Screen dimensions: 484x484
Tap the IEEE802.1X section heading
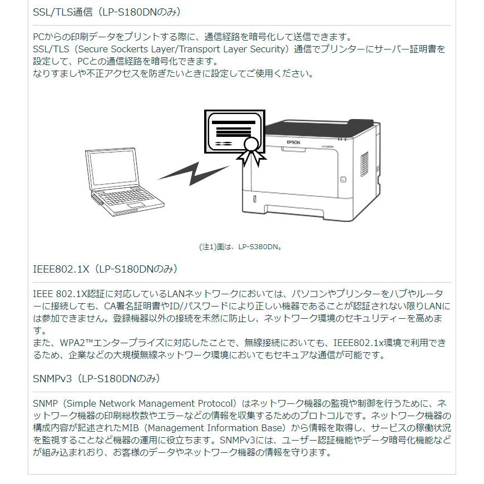(x=105, y=269)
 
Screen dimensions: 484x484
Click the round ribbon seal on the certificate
(x=251, y=145)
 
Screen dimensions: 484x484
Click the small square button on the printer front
(x=343, y=179)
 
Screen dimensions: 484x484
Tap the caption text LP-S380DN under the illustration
(x=259, y=246)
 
